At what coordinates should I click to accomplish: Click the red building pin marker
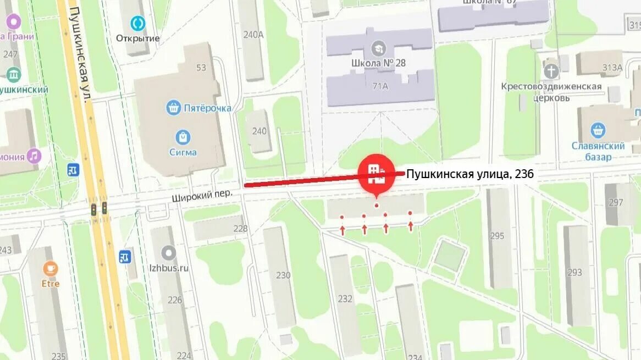click(377, 173)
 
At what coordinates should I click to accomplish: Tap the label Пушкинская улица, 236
click(470, 174)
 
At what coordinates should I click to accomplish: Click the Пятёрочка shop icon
click(174, 107)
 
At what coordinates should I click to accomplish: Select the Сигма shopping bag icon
click(183, 137)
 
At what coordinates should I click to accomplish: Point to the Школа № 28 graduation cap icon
click(378, 48)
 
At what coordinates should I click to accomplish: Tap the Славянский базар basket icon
click(598, 130)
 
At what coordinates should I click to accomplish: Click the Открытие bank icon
click(137, 23)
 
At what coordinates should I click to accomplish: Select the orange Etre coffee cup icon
click(51, 269)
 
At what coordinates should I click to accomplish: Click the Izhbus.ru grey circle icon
click(169, 253)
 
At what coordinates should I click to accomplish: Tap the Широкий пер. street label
click(198, 195)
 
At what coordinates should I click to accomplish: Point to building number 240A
click(253, 34)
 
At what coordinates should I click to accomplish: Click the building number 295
click(497, 236)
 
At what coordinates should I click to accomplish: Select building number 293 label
click(574, 272)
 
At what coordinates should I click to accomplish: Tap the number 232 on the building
click(345, 298)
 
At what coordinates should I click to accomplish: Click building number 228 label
click(240, 229)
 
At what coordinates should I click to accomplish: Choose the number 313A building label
click(612, 68)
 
